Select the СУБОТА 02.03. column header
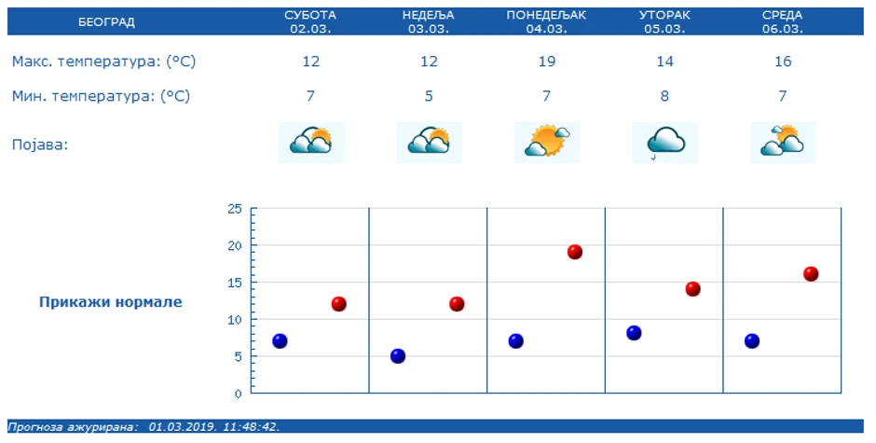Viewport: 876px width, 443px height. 310,21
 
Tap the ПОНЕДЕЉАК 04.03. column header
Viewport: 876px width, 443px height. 546,21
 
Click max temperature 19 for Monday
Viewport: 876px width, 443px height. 546,62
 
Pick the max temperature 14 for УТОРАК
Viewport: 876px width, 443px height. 664,62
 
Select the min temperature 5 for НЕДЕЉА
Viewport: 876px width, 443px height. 429,95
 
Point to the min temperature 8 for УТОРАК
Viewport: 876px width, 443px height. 664,95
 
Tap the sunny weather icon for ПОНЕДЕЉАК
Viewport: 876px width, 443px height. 547,142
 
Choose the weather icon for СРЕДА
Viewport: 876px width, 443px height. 783,142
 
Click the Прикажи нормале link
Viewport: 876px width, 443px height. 111,302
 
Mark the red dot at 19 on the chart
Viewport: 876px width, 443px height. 575,252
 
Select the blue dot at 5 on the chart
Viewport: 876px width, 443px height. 398,355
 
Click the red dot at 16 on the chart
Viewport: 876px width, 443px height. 811,274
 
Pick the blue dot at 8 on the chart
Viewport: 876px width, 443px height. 634,333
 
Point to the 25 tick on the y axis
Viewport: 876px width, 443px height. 234,209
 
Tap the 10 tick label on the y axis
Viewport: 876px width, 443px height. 234,319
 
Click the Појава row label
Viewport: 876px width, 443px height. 40,145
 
